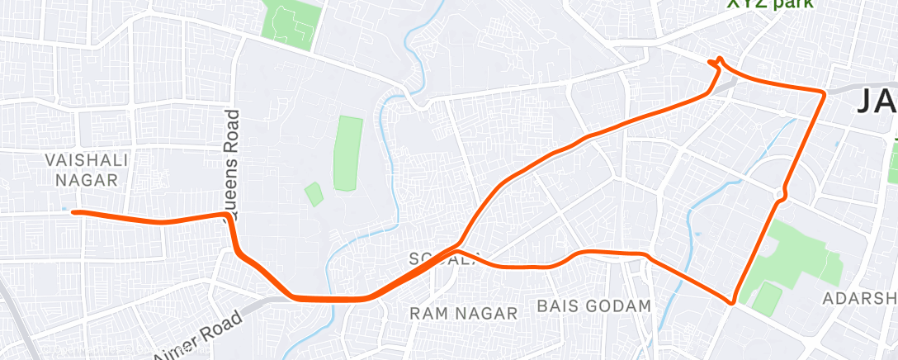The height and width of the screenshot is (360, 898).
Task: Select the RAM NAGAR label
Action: tap(465, 313)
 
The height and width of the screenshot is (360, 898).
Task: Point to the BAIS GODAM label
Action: tap(593, 306)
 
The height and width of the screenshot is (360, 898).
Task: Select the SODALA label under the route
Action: tap(442, 260)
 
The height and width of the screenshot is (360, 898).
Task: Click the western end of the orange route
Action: tap(74, 212)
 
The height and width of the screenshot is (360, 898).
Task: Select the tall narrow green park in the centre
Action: tap(347, 153)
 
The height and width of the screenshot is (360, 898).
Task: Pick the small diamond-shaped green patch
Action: tap(313, 194)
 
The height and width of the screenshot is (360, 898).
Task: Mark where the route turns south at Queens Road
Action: tap(225, 216)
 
